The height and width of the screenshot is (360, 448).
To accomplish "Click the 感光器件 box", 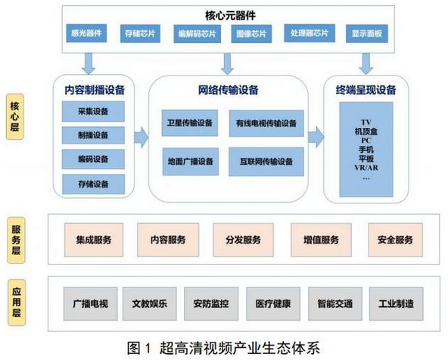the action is pyautogui.click(x=86, y=33).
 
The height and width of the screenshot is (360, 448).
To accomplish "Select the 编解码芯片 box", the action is pyautogui.click(x=198, y=34).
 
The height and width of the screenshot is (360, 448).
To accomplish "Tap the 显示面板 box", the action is pyautogui.click(x=367, y=34).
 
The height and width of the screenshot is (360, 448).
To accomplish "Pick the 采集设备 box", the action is pyautogui.click(x=93, y=111).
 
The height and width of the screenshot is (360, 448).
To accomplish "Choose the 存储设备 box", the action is pyautogui.click(x=93, y=184).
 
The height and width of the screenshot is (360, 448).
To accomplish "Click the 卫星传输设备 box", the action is pyautogui.click(x=190, y=123).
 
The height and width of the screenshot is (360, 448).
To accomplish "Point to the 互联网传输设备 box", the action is pyautogui.click(x=266, y=162).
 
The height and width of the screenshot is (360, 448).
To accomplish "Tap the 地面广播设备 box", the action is pyautogui.click(x=191, y=162).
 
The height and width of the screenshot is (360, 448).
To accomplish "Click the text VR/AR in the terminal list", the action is pyautogui.click(x=366, y=168).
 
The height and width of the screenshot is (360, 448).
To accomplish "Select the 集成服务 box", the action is pyautogui.click(x=94, y=240).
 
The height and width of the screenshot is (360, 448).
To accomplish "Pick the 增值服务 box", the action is pyautogui.click(x=321, y=240).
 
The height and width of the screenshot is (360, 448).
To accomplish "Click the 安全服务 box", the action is pyautogui.click(x=396, y=240).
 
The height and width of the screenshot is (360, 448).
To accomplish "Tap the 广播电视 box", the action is pyautogui.click(x=90, y=304).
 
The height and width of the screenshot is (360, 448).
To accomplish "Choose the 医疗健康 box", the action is pyautogui.click(x=273, y=304).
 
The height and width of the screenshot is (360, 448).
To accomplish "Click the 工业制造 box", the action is pyautogui.click(x=397, y=304).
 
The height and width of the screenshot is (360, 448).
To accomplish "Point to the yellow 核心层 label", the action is pyautogui.click(x=15, y=116).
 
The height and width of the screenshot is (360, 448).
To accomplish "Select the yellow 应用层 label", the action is pyautogui.click(x=17, y=303).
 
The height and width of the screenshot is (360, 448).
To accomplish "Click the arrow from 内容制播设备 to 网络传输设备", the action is pyautogui.click(x=142, y=138).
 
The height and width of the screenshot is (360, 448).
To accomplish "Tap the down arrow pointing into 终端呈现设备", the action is pyautogui.click(x=366, y=64).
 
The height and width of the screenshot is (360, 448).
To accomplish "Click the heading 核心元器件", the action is pyautogui.click(x=230, y=15).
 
